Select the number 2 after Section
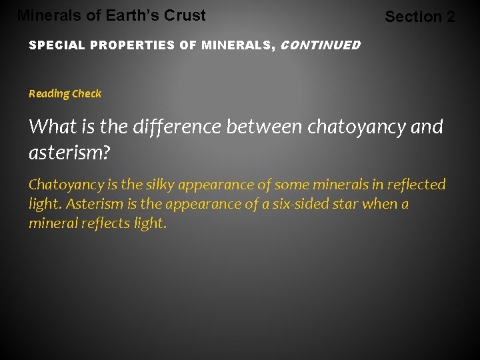tap(450, 17)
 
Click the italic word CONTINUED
tap(321, 46)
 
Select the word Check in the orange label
tap(87, 94)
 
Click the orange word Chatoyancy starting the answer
tap(64, 185)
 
